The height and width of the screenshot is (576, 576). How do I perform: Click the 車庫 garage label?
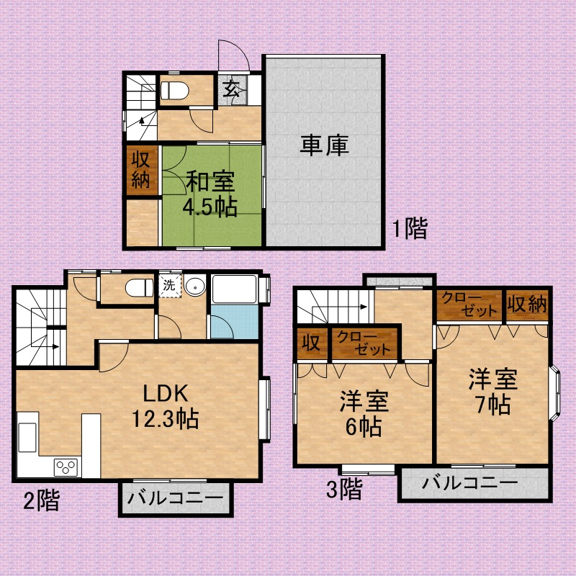tap(325, 145)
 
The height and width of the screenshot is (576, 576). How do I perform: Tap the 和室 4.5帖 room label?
tap(210, 194)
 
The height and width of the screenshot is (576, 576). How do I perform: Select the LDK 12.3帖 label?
tap(166, 406)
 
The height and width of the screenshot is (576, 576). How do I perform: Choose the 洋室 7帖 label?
tap(493, 391)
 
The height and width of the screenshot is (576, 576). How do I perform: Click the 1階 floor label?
tap(410, 228)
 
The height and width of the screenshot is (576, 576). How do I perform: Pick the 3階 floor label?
tap(344, 489)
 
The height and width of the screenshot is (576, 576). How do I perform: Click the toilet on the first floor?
tap(174, 91)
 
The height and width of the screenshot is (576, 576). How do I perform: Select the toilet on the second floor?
tap(139, 287)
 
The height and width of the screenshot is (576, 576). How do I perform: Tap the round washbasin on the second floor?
tap(194, 286)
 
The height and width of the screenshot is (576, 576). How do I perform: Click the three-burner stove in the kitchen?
tap(66, 467)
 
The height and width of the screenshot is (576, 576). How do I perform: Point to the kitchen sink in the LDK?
tap(27, 437)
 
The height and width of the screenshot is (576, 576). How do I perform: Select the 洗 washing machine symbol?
tap(169, 285)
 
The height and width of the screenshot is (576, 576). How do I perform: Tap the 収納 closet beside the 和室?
tap(141, 170)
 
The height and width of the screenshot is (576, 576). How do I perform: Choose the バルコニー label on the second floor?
tap(176, 498)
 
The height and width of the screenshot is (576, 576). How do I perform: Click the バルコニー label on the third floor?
tap(470, 482)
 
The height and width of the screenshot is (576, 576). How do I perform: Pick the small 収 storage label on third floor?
tap(311, 343)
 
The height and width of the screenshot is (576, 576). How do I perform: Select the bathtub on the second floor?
tap(234, 289)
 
